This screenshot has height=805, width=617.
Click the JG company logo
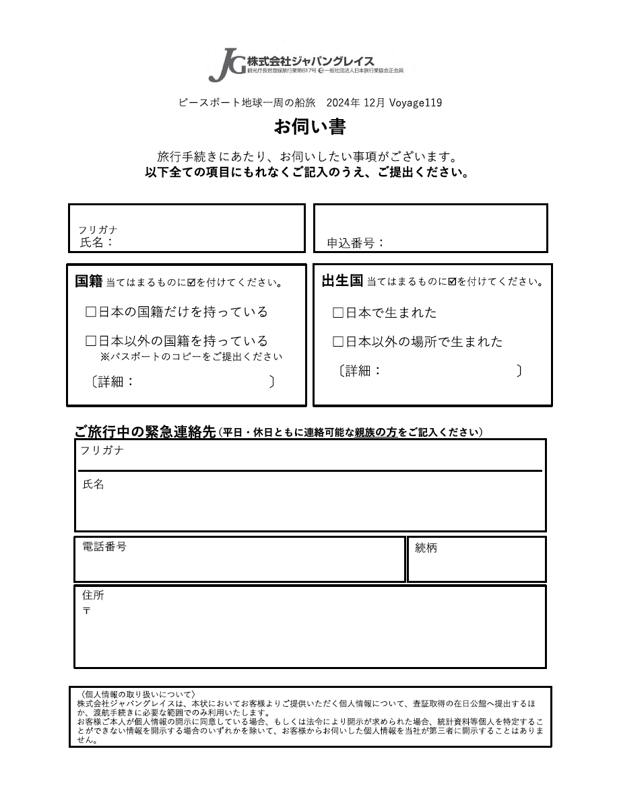coord(227,65)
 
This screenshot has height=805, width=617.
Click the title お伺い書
coord(309,127)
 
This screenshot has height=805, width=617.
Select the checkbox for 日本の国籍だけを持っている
coord(91,312)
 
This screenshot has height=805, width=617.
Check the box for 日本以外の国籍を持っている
coord(91,341)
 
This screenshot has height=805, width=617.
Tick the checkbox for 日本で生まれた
coord(338,313)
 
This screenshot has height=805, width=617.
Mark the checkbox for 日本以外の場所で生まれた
coord(338,342)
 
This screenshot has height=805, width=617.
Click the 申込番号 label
coord(354,243)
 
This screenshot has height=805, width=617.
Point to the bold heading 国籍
coord(88,281)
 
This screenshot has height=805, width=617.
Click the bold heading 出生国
coord(342,281)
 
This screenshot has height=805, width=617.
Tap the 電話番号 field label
coord(104,547)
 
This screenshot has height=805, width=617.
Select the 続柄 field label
coord(426,548)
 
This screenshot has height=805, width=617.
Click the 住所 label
coord(93,595)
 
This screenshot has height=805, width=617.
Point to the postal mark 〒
coord(86,610)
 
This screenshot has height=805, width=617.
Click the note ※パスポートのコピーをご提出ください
coord(191,357)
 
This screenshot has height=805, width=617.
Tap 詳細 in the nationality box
coord(111,382)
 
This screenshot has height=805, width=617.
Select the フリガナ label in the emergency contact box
coord(102,450)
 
